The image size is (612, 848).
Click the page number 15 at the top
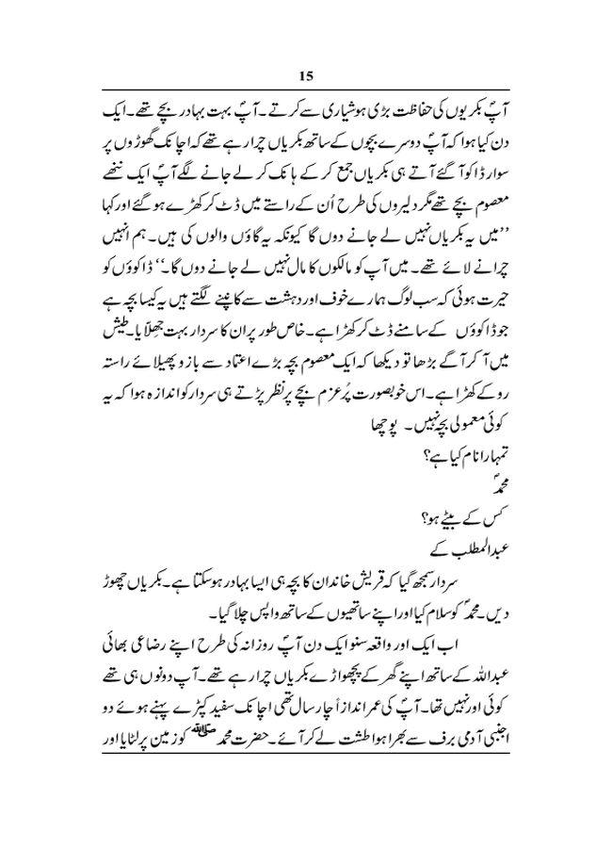(306, 75)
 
